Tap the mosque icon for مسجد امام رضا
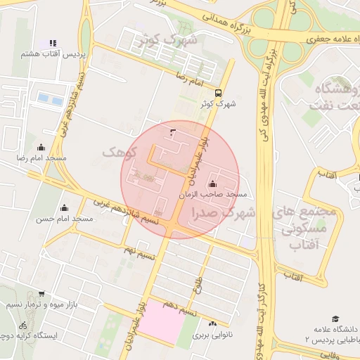[x=41, y=147]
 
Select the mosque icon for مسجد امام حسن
[x=65, y=207]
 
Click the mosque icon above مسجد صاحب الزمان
[x=213, y=184]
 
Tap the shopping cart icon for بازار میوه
[x=41, y=294]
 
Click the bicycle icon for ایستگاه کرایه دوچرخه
[x=23, y=326]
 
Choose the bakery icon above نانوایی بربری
[x=212, y=323]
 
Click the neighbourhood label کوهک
[x=116, y=151]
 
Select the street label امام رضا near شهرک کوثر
[x=189, y=82]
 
